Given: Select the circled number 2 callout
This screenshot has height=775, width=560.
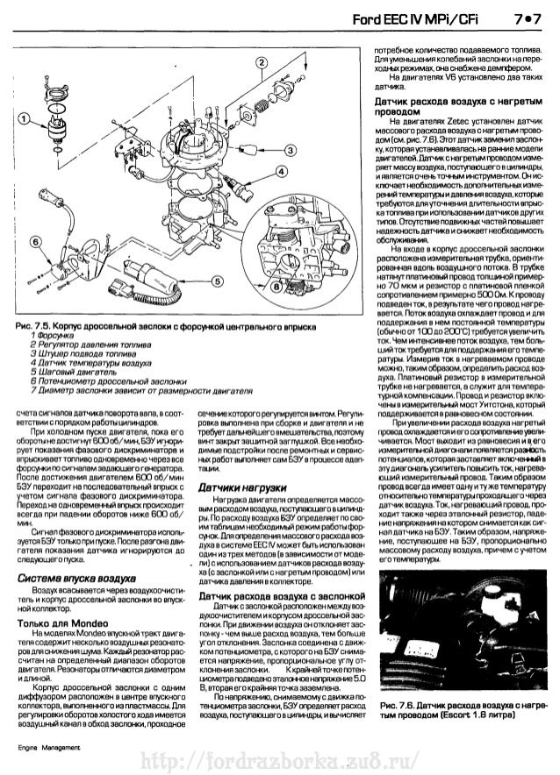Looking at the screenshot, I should click(260, 62).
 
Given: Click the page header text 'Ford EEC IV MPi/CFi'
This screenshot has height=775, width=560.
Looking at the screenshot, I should click(420, 21).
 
